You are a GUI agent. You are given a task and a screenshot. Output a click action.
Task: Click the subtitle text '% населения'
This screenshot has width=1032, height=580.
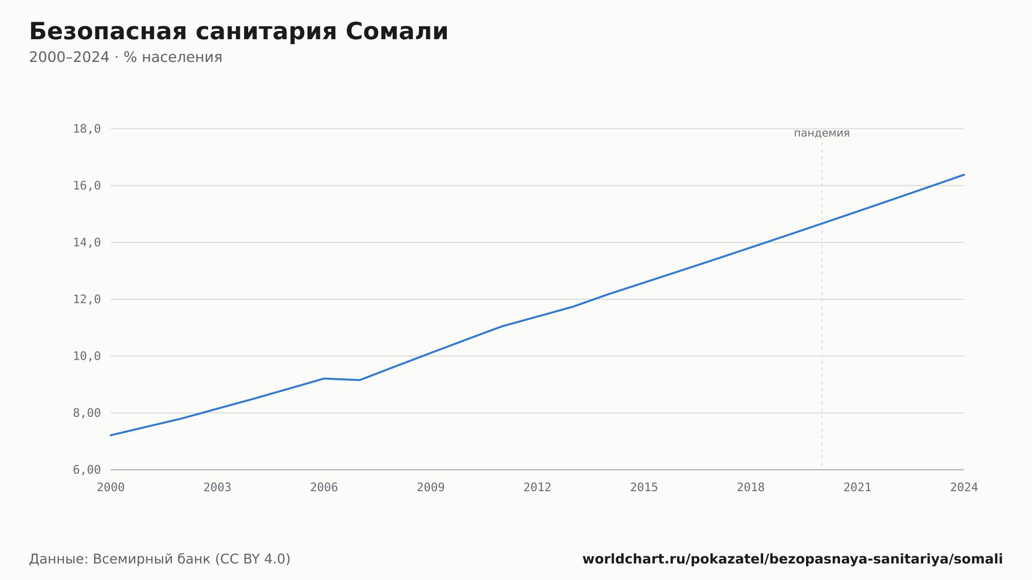173,57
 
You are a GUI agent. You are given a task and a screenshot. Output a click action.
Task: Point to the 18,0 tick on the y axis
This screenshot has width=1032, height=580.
87,129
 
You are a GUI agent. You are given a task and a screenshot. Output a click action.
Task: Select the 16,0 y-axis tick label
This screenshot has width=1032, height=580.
87,186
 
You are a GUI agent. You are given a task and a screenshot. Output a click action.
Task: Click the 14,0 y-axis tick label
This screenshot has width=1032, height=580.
87,243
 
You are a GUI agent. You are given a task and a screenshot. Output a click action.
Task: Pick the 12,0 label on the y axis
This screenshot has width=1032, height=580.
87,299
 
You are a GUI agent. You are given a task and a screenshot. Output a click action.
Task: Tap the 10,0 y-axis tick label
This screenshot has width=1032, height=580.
87,356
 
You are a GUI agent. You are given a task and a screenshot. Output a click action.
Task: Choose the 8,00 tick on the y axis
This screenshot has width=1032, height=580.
87,413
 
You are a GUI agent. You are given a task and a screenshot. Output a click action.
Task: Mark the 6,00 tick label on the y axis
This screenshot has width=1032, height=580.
87,470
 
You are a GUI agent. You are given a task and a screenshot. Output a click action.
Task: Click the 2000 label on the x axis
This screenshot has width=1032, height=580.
111,488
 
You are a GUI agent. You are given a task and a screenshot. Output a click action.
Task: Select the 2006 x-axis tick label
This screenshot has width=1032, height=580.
324,488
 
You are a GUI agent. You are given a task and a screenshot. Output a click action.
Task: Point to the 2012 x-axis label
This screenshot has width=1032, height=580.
538,488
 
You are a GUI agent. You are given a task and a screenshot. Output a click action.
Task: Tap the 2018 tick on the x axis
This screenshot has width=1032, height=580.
751,488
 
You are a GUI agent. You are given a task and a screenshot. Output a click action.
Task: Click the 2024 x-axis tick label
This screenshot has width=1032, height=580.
964,488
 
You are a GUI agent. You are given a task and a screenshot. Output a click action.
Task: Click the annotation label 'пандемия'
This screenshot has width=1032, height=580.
821,133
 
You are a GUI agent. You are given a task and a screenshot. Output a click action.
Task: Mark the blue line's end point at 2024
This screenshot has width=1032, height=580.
964,175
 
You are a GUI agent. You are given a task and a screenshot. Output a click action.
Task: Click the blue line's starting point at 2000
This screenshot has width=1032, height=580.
111,435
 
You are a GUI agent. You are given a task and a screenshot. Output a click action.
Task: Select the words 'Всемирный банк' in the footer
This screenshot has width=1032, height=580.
152,559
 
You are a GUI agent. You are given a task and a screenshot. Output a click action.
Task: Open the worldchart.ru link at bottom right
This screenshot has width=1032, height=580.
793,559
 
